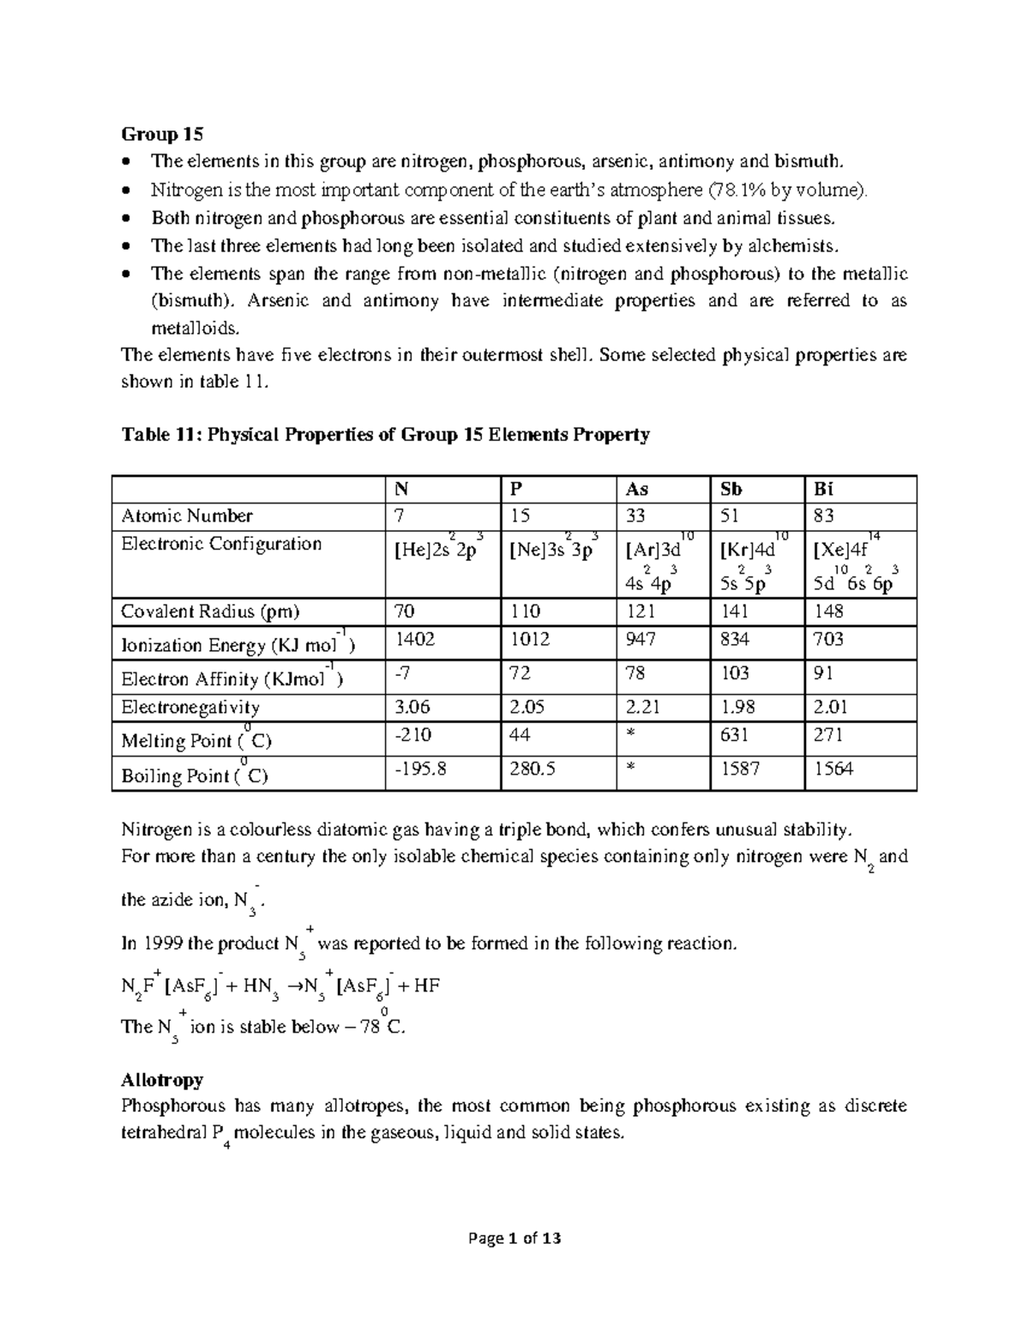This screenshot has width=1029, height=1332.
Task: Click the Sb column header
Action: (x=731, y=489)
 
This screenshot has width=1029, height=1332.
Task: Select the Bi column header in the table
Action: (x=823, y=489)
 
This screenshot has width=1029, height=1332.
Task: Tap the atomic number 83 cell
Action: (x=824, y=516)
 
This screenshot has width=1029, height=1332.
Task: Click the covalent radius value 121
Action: (x=641, y=612)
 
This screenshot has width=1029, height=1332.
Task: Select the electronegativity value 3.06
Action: (x=412, y=708)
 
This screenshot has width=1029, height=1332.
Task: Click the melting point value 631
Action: (x=734, y=735)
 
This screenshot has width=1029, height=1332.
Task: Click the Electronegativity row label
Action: (x=190, y=708)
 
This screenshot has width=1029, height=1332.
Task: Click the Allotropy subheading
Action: (x=162, y=1079)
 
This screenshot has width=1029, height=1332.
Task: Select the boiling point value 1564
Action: (x=833, y=769)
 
